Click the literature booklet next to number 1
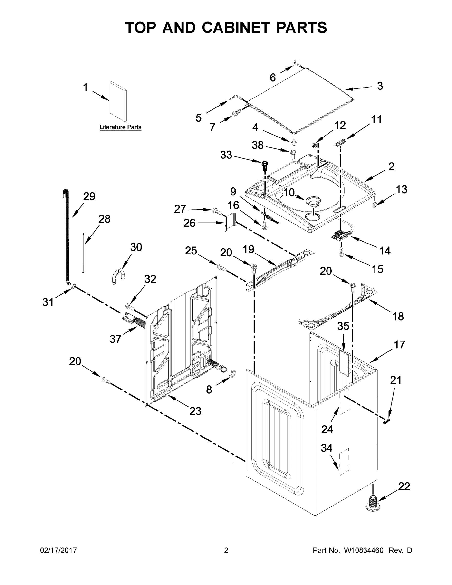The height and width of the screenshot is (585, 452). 118,101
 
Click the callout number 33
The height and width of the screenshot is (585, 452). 226,155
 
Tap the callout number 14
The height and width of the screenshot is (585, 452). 385,251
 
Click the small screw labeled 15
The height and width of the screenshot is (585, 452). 341,251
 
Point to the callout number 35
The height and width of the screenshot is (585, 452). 343,326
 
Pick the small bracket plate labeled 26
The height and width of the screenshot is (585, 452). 230,221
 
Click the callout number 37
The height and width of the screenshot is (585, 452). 115,339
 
